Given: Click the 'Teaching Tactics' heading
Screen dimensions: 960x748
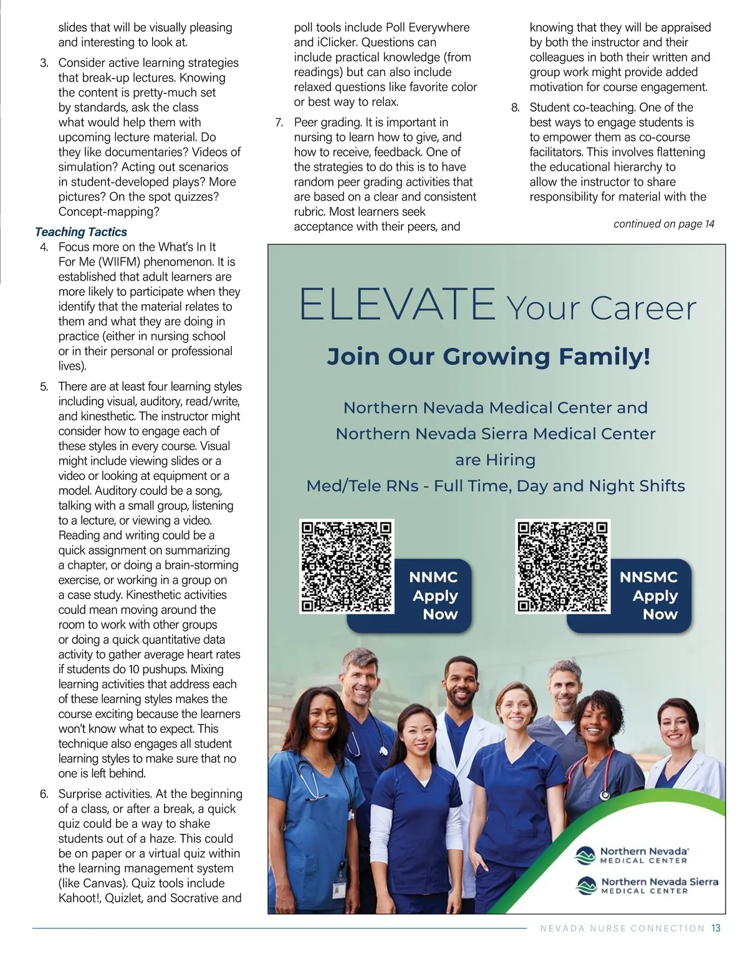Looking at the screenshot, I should coord(81,232).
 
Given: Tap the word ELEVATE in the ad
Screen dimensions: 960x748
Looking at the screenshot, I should coord(396,304).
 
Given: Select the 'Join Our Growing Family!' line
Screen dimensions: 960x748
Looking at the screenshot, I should coord(489,357).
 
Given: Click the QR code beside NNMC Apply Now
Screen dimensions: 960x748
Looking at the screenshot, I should coord(347,567).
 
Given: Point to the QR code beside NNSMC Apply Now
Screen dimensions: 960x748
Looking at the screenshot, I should coord(563,567).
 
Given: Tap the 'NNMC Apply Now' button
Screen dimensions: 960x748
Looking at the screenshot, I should coord(434,596).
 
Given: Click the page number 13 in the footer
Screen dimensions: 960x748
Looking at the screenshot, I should coord(716,928).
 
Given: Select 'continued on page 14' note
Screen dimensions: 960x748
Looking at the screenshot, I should coord(664,224).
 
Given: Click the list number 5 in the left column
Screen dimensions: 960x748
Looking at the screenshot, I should coord(44,386).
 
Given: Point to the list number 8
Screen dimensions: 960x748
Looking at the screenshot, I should coord(515,107).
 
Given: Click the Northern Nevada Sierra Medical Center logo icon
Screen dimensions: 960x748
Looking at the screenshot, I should coord(586,885).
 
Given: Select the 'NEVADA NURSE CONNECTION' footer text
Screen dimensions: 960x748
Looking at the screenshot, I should coord(622,929).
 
